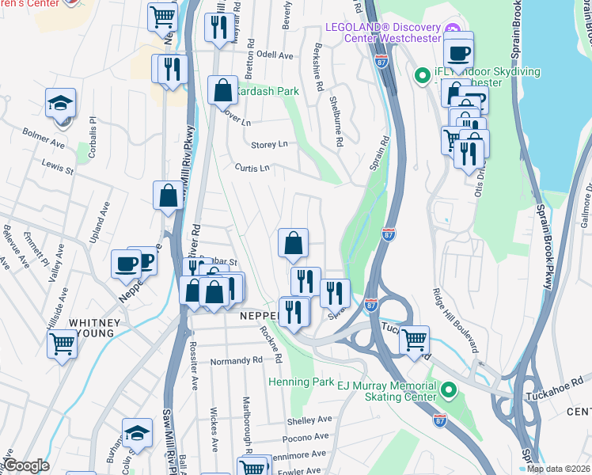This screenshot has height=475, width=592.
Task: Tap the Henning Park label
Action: click(x=301, y=382)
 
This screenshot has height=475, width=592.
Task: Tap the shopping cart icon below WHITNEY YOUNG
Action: click(x=63, y=344)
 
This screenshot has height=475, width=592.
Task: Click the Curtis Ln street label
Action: click(x=252, y=167)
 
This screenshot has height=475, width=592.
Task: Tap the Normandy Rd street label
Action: click(x=236, y=361)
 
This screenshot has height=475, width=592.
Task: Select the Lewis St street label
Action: click(x=58, y=169)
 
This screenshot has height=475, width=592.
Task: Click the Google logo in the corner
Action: click(x=27, y=465)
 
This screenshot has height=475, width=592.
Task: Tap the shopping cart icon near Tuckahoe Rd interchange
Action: click(x=414, y=340)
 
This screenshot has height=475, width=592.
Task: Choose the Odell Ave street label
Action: click(x=275, y=55)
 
